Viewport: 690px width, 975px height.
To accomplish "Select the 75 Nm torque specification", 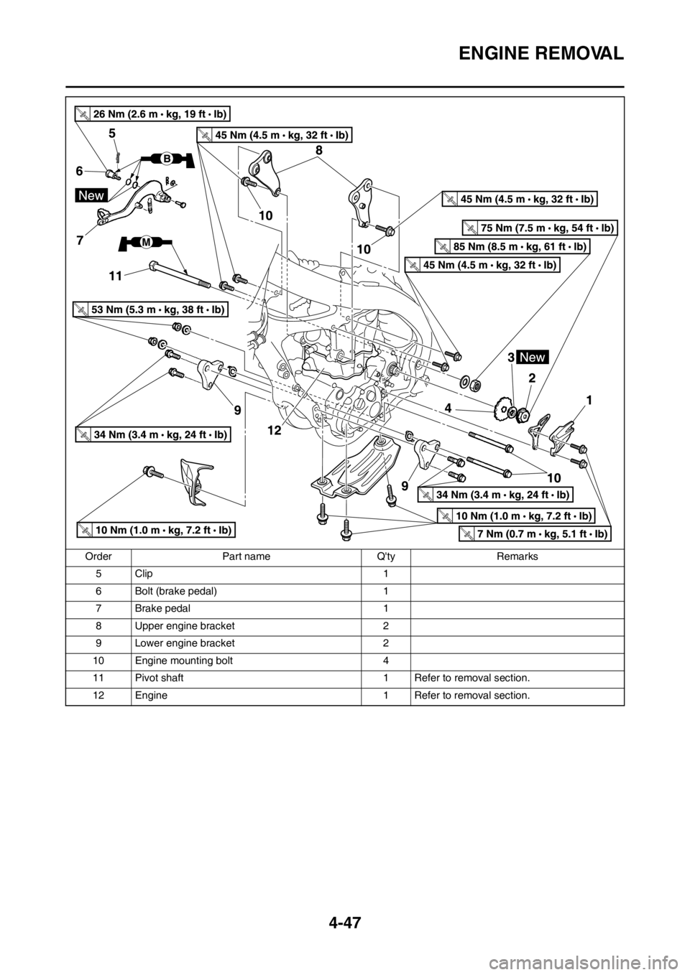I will (539, 228).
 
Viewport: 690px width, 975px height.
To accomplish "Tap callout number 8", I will (318, 150).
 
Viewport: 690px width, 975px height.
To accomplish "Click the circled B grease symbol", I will (165, 157).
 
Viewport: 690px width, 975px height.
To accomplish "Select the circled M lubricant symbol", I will (146, 243).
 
